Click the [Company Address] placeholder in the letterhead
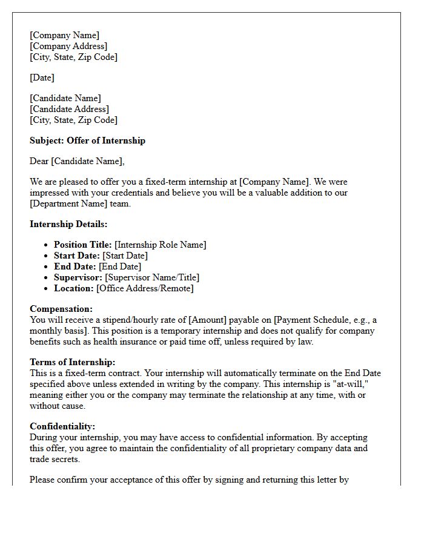68,46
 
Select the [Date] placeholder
42,78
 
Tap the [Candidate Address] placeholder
70,109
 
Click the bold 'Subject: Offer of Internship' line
87,140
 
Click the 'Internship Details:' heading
68,224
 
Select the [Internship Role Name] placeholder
161,245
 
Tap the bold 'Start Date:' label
77,256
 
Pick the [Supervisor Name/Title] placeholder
152,277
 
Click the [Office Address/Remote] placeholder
145,288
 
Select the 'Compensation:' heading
61,309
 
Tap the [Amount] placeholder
210,320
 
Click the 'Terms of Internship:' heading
72,362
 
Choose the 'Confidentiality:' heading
62,426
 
